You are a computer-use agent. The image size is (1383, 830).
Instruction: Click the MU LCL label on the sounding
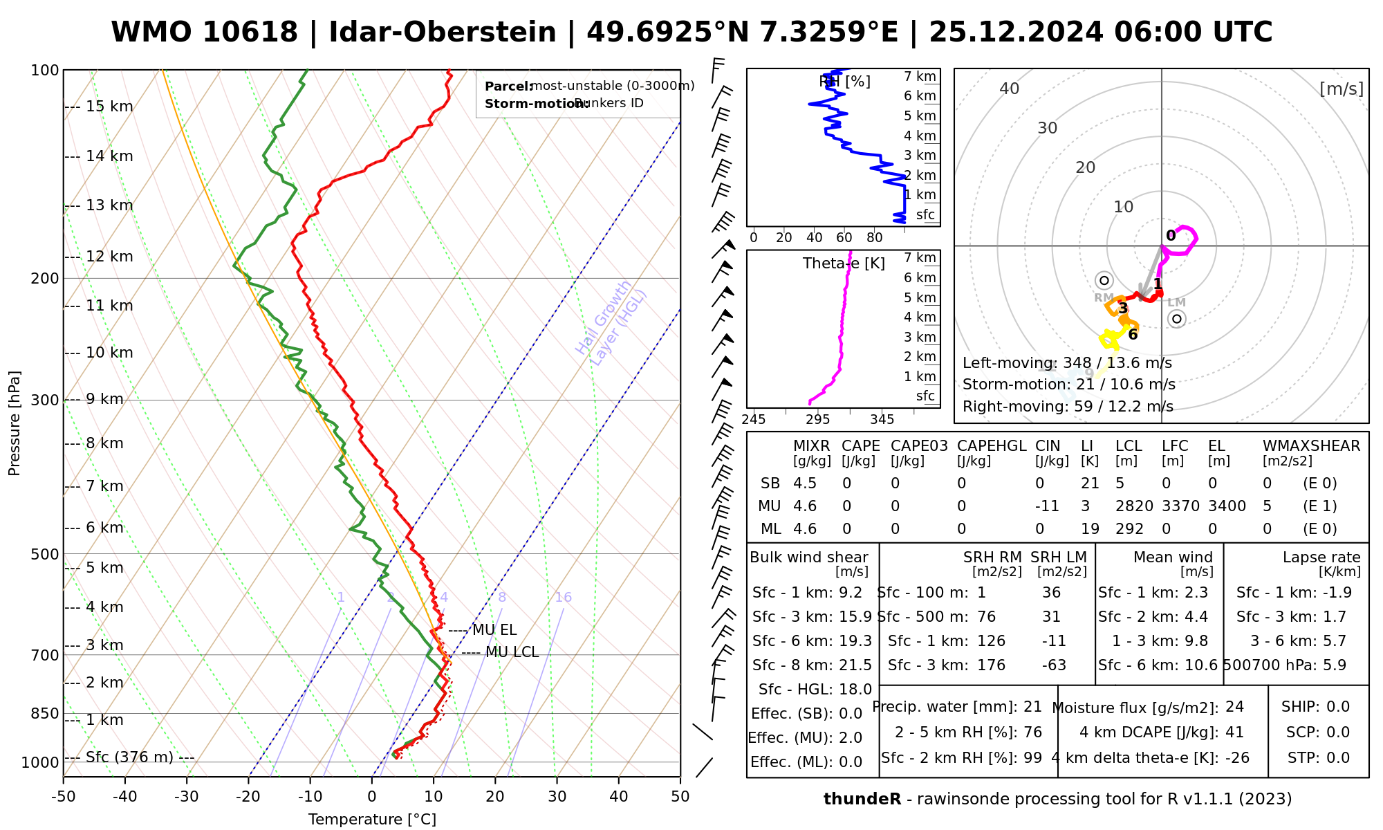click(512, 652)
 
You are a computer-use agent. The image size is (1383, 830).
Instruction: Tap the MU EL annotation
click(494, 630)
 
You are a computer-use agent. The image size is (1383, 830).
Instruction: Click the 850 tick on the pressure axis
click(46, 713)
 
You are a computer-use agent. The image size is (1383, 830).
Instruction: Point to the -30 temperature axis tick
click(187, 797)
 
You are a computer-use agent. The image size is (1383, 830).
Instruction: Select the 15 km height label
click(109, 107)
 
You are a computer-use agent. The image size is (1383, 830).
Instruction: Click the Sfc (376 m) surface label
click(129, 757)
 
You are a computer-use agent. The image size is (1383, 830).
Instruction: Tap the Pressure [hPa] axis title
click(15, 423)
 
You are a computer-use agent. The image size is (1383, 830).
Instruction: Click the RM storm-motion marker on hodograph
click(1104, 280)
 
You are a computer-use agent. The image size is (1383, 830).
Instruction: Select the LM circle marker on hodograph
click(1177, 319)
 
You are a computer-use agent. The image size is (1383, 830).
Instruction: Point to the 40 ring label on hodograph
click(1010, 89)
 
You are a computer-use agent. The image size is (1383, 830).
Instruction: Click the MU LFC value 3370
click(1180, 506)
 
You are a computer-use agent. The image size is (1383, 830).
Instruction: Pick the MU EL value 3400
click(1227, 506)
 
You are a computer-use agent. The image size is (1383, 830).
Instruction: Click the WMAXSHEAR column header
click(1311, 446)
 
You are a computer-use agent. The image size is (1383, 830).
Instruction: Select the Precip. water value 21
click(1032, 707)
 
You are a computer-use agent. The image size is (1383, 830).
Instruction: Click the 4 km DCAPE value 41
click(1234, 732)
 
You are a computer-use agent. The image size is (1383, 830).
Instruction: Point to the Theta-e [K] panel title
click(844, 264)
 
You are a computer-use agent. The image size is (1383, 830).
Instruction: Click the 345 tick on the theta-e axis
click(882, 420)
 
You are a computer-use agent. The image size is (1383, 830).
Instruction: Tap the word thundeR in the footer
click(862, 800)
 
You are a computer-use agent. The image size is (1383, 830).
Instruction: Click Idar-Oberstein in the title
click(443, 33)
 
